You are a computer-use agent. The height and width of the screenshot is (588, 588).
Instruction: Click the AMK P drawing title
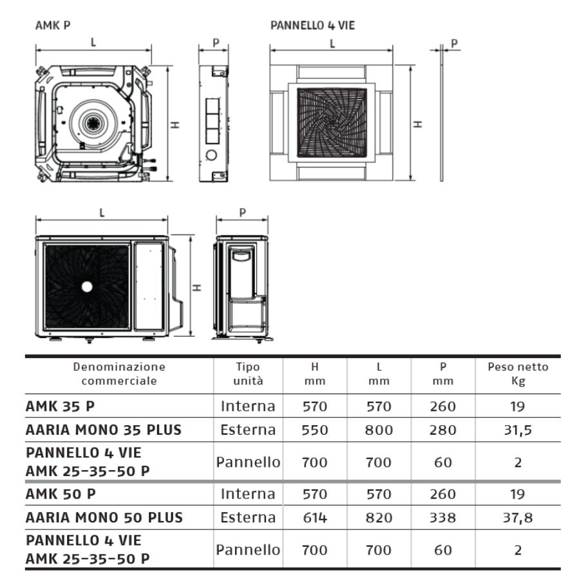pos(53,25)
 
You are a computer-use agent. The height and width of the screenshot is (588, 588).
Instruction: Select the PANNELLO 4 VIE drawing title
pos(312,25)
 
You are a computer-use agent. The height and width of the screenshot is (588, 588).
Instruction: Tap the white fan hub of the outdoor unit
pos(87,287)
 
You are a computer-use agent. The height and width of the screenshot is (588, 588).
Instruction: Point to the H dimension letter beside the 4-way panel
pos(418,124)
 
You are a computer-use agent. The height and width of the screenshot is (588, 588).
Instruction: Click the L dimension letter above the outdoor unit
pos(102,213)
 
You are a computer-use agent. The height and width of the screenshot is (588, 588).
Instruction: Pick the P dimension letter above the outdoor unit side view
pos(242,213)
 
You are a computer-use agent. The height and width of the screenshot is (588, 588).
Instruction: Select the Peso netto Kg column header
pos(518,374)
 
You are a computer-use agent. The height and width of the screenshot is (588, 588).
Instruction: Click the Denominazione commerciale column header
pos(119,374)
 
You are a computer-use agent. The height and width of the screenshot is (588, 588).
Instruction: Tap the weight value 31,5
pos(518,430)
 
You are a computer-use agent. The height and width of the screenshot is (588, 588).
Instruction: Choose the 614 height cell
pos(315,518)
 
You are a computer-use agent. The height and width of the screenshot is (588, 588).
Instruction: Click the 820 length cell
pos(379,518)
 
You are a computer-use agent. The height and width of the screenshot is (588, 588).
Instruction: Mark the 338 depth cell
pos(443,518)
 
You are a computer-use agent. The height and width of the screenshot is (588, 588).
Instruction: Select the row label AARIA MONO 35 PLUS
pos(104,430)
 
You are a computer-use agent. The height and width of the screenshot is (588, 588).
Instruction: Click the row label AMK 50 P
pos(61,494)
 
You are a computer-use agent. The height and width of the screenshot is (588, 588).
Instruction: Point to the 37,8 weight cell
pos(518,518)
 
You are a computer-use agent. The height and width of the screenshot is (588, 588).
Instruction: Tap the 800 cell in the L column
pos(379,430)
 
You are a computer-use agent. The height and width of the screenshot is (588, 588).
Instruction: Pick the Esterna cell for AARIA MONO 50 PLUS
pos(248,518)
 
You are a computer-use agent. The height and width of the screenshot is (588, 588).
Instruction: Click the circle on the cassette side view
pos(211,155)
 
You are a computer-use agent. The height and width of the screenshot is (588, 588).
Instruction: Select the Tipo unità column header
pos(248,374)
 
